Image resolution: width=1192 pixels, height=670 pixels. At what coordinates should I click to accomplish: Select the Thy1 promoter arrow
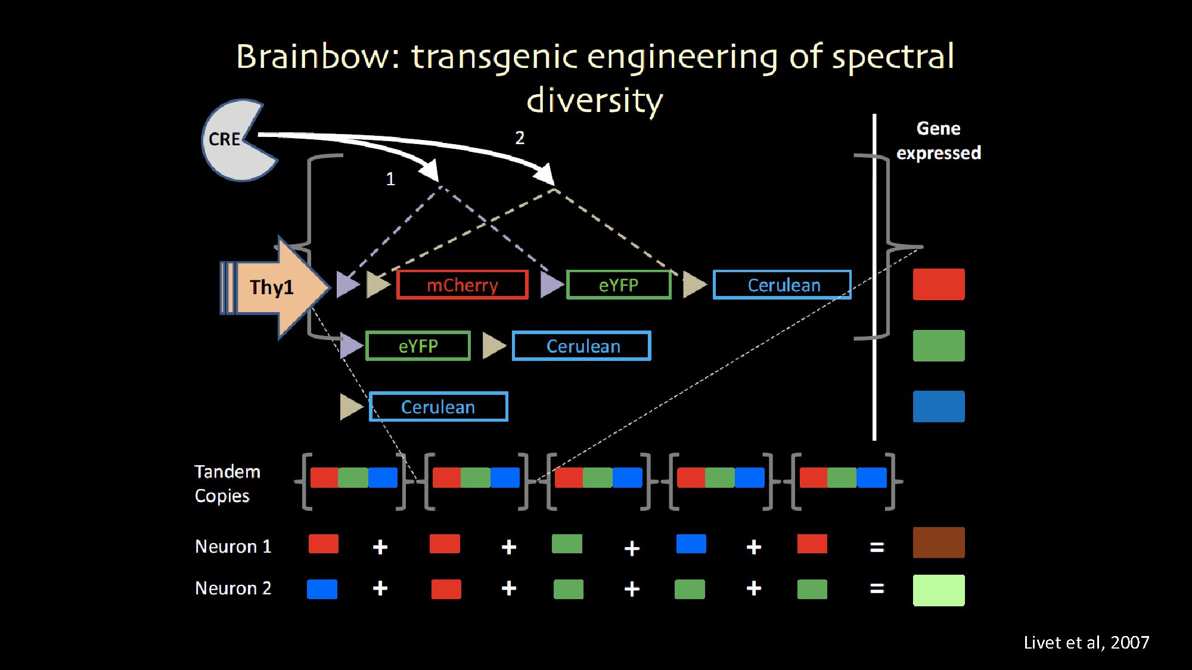coord(274,287)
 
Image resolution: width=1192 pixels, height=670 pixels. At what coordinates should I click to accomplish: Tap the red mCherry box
coord(462,285)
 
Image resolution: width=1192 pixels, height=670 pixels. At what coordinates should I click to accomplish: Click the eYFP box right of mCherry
coord(618,285)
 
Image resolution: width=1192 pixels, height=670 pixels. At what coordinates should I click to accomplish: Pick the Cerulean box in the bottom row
coord(438,407)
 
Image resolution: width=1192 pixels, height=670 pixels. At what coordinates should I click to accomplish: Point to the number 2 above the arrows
coord(520,138)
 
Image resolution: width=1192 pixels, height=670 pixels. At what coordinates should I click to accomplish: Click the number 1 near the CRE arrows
coord(390,179)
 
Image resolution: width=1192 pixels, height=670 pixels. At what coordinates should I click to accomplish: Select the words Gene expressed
coord(938,141)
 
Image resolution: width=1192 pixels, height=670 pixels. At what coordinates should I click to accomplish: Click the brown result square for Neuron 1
coord(938,543)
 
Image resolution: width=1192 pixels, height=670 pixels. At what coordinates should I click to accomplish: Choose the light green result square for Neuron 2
coord(938,590)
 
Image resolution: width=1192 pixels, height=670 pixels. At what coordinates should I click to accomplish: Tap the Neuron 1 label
coord(233,546)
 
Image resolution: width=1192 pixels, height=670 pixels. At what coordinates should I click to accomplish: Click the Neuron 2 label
coord(233,588)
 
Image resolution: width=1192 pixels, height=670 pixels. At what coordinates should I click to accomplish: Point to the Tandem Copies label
coord(227,484)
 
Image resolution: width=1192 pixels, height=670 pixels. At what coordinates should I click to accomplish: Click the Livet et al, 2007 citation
coord(1086,643)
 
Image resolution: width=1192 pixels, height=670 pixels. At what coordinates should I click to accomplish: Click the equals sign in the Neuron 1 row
coord(876,547)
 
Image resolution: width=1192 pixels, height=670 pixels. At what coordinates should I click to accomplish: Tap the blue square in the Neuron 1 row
coord(691,544)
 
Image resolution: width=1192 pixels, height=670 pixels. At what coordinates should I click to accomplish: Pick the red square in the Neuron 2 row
coord(446,589)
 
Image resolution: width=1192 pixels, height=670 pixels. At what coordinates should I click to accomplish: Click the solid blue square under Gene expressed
coord(938,407)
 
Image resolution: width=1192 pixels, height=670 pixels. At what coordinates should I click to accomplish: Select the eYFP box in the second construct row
coord(418,346)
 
